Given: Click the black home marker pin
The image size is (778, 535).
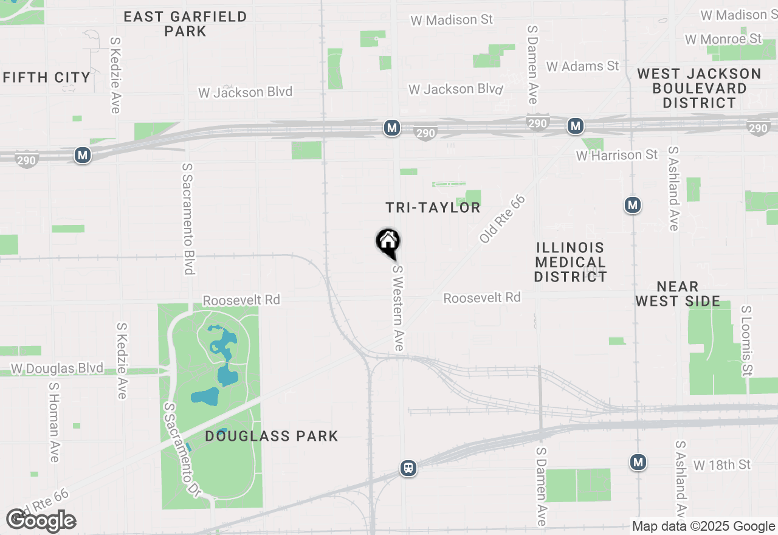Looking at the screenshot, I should pos(388,243).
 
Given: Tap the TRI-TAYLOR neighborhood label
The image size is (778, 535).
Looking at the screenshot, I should pos(433,208).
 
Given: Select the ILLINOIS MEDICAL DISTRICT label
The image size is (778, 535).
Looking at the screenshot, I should pos(571,262).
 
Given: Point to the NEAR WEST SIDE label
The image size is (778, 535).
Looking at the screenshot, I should pos(678,294).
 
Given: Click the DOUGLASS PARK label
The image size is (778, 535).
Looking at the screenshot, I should pos(272,436).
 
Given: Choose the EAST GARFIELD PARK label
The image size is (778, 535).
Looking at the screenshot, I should pos(185,24).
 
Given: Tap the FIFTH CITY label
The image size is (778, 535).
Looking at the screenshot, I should pos(47,77).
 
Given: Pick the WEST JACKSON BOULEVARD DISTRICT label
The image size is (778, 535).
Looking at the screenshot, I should pos(699,88).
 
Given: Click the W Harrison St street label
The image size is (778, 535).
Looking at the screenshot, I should pos(616,155).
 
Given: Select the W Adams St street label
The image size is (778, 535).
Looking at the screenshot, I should pos(582,66).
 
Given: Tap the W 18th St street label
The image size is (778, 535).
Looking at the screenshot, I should pos(722,465).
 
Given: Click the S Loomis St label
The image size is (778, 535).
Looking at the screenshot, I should pos(746,340).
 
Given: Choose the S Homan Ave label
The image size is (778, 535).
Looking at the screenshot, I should pos(54,421).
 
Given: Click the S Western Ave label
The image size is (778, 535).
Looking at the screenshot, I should pos(398,308).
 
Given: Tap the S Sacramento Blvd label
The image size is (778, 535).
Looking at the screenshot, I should pos(188,218).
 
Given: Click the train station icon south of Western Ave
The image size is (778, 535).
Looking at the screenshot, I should pos(408,468).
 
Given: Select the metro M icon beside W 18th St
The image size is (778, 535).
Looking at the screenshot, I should pos(638,463).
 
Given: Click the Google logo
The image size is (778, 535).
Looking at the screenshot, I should pos(41,520).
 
